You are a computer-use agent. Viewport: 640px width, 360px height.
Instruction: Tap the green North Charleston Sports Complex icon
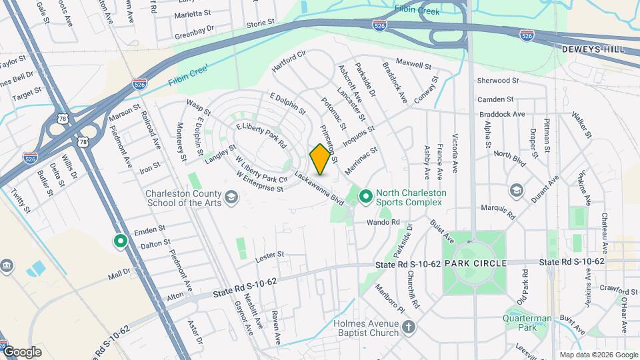365,197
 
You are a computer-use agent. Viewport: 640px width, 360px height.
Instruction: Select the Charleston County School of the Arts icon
231,197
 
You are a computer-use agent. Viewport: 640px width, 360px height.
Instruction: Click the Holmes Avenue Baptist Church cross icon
409,328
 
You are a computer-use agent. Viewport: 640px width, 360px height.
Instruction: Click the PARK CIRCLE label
476,263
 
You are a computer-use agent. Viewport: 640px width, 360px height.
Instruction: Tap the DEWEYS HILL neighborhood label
593,50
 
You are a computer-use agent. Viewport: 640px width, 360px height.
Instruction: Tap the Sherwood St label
497,81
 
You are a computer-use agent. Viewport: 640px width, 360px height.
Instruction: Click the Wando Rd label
386,222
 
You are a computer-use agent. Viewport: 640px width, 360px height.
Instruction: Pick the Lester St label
271,255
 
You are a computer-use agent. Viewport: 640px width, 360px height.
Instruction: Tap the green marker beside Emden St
121,241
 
